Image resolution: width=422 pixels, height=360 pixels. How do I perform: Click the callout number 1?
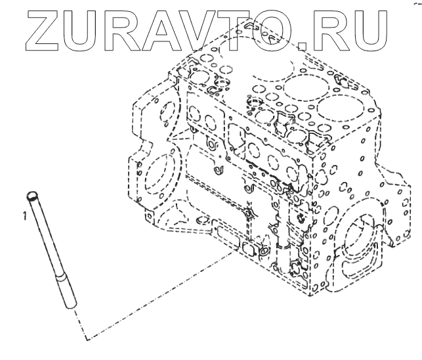coord(24,215)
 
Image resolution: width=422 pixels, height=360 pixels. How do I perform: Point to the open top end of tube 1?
coord(31,195)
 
